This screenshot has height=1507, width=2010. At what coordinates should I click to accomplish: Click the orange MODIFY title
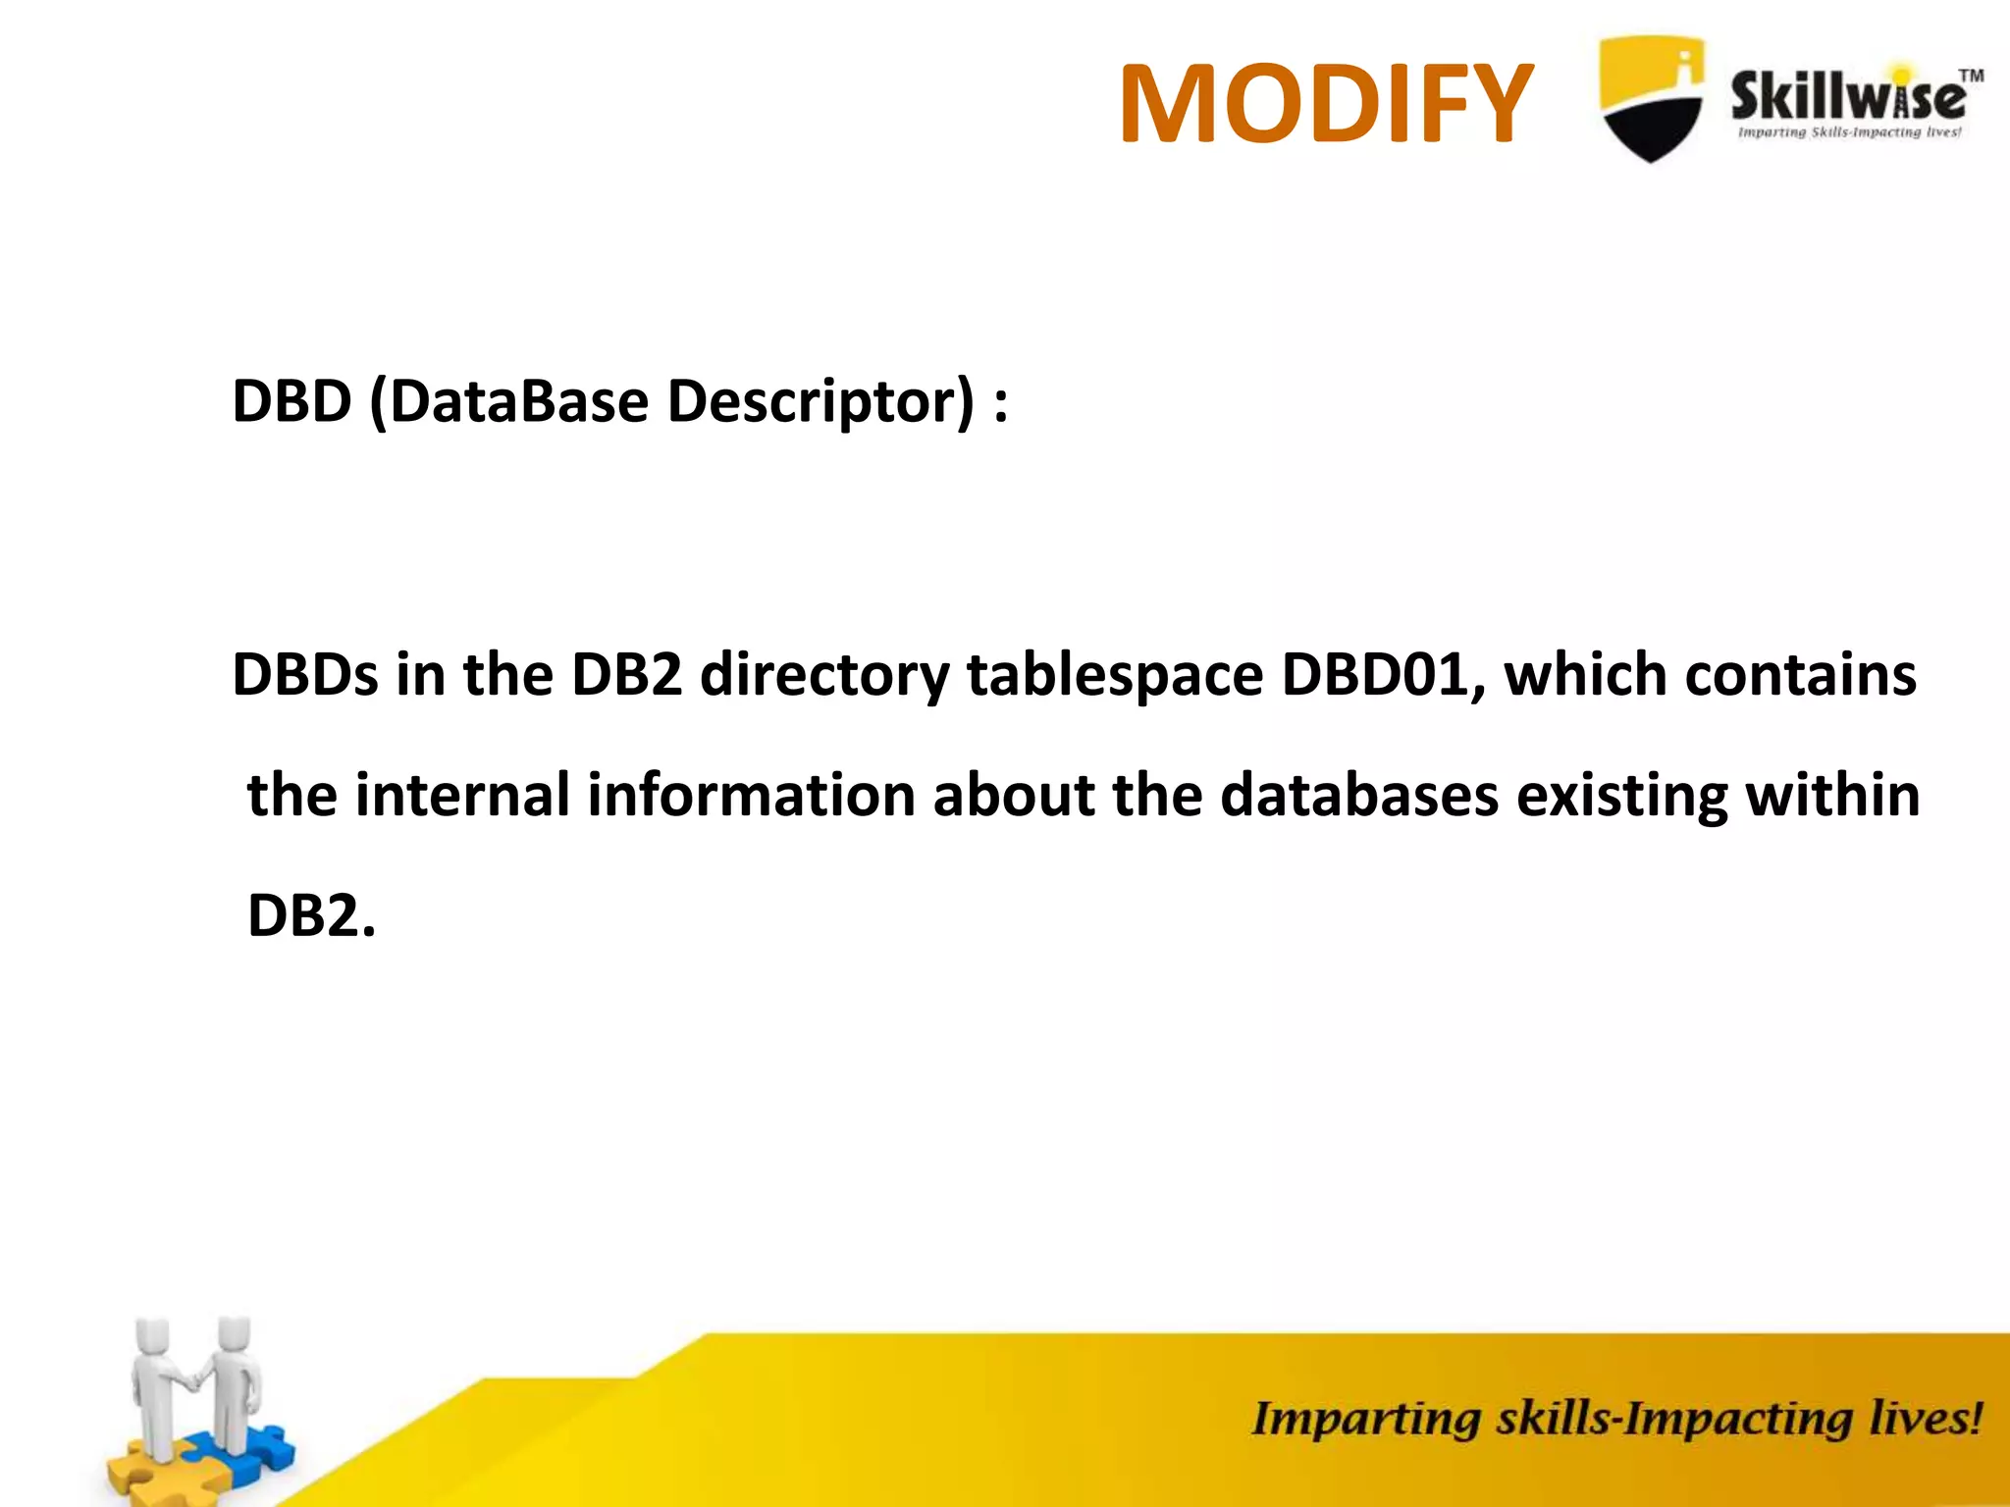[x=1326, y=103]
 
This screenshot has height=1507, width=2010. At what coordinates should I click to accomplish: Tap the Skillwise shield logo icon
[x=1651, y=98]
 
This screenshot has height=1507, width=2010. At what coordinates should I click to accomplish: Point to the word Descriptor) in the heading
[x=820, y=401]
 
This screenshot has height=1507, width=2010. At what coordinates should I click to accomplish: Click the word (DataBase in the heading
[x=509, y=401]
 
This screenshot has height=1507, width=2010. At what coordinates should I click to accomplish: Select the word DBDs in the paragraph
[x=305, y=675]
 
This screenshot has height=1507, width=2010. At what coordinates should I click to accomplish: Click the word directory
[x=823, y=675]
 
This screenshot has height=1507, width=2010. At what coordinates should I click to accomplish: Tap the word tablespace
[x=1114, y=675]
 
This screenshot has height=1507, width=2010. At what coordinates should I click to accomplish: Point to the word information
[x=751, y=795]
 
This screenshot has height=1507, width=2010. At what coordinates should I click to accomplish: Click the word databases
[x=1359, y=795]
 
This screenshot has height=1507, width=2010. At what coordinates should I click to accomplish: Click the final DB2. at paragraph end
[x=311, y=915]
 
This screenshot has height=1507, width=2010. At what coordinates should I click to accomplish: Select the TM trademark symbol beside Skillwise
[x=1971, y=76]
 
